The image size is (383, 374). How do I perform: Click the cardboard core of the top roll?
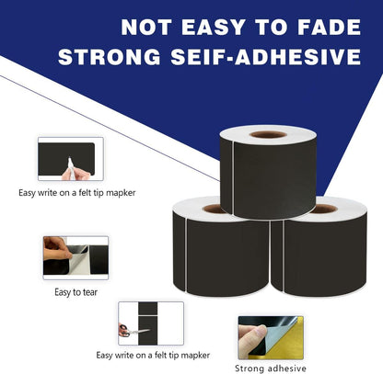click(268, 134)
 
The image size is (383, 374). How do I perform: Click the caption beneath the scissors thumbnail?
click(153, 355)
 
